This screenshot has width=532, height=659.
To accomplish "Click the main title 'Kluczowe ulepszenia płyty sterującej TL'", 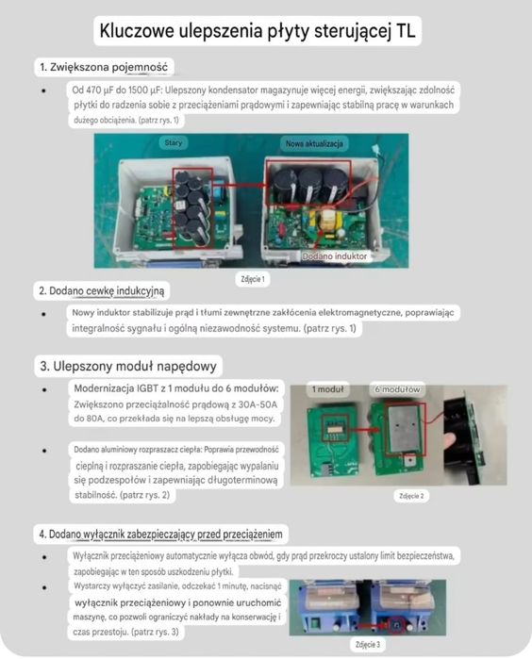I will (258, 31).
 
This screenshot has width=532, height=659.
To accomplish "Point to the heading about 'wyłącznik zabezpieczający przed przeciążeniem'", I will (162, 535).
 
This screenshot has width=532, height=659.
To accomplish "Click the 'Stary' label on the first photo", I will (174, 142).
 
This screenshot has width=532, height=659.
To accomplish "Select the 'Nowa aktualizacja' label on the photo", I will (316, 142).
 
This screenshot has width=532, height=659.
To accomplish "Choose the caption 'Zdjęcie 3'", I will (370, 645).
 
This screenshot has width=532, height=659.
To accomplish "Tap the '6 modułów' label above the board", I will (395, 388).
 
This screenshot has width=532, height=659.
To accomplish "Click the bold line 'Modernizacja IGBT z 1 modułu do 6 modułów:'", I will (175, 389).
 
